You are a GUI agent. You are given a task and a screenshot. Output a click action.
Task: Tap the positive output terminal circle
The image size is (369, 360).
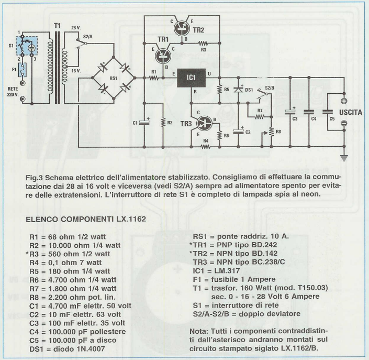pos(344,102)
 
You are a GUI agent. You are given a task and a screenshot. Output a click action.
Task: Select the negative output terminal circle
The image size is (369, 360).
pos(344,124)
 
